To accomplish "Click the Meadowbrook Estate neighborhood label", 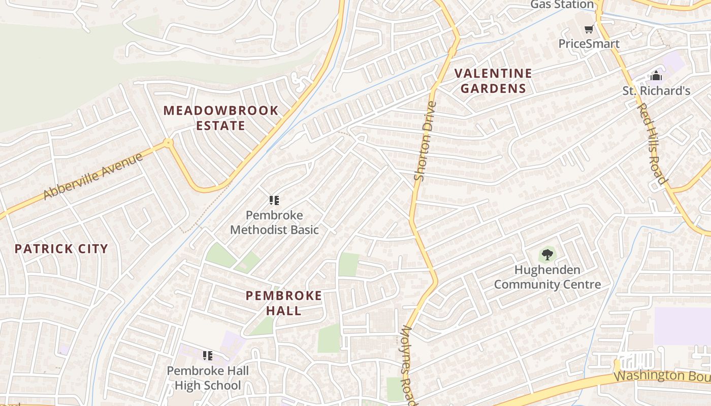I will (x=221, y=118).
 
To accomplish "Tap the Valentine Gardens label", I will (x=493, y=81).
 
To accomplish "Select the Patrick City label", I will (x=61, y=249).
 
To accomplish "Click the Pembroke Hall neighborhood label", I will (x=284, y=303).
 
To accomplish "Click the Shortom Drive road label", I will (x=426, y=141).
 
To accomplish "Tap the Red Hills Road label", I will (x=652, y=144).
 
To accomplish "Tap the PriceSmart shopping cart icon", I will (x=589, y=29).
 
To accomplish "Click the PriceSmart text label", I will (x=589, y=44).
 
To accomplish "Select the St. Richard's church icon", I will (x=656, y=76).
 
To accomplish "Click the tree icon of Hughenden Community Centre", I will (x=547, y=254).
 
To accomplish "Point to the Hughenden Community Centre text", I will (x=547, y=277).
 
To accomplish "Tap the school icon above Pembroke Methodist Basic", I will (x=274, y=200).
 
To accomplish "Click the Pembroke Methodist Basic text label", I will (x=274, y=222).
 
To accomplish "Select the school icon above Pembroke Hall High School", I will (x=207, y=355).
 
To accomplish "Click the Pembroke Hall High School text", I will (x=208, y=378).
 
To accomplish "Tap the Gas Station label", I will (x=562, y=5).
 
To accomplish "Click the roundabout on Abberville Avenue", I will (x=168, y=143).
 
